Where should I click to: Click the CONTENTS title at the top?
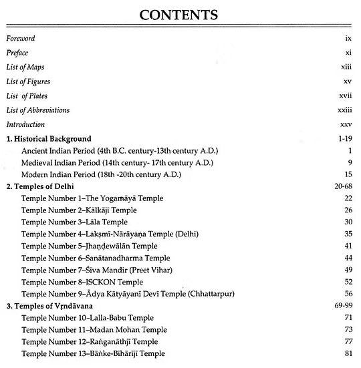[180, 14]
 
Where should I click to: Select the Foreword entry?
[21, 39]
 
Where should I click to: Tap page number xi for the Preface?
[348, 53]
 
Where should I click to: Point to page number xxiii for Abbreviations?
[344, 110]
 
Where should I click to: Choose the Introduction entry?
[25, 124]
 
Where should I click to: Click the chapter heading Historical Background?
[48, 139]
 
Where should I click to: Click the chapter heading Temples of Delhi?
[40, 186]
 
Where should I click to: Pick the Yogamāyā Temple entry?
[92, 198]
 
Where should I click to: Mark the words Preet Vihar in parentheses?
[169, 270]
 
